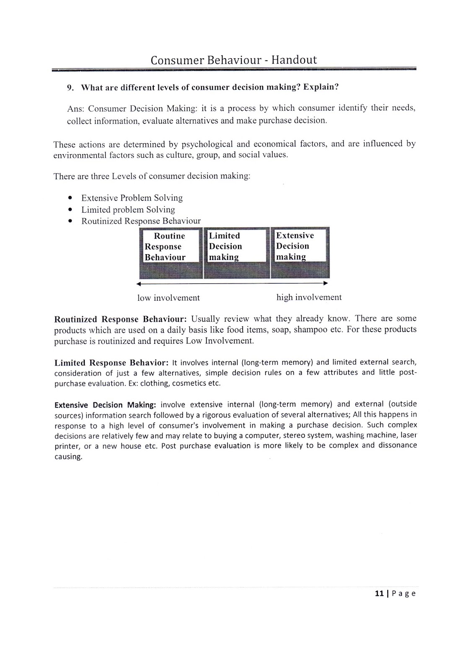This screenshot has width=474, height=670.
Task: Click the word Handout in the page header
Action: (294, 60)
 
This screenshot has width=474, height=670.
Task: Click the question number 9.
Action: (70, 88)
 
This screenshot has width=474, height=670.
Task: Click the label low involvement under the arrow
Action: (168, 298)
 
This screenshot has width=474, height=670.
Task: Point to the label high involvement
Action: (309, 297)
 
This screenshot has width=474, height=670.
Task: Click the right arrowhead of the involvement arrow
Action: (325, 283)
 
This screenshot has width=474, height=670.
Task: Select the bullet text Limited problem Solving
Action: (128, 209)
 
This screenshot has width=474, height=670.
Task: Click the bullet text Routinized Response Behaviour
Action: (141, 221)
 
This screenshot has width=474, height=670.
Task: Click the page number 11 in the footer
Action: (379, 593)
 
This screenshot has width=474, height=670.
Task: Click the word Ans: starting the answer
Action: (76, 109)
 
